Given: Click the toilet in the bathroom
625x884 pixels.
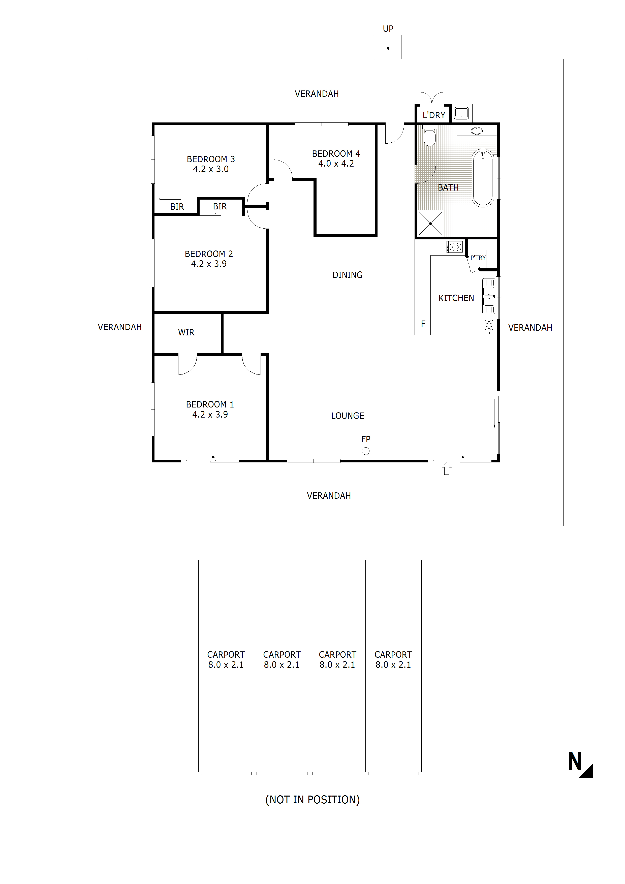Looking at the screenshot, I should coord(429,137).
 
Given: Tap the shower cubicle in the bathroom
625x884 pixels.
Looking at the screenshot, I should coord(430,223).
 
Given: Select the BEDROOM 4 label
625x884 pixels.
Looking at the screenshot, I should coord(336,154).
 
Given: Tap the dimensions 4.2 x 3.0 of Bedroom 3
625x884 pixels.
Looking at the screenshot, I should coord(211,169).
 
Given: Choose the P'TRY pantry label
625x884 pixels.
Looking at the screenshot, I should coord(478,258).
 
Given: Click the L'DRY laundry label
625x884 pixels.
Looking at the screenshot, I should coord(434,115).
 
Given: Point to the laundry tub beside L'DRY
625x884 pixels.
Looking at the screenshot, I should coord(461,113).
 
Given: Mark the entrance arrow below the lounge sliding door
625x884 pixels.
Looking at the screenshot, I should coord(447,468).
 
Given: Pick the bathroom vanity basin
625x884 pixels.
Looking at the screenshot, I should coord(477,131).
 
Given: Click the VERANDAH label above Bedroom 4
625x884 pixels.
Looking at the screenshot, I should coord(317,93).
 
